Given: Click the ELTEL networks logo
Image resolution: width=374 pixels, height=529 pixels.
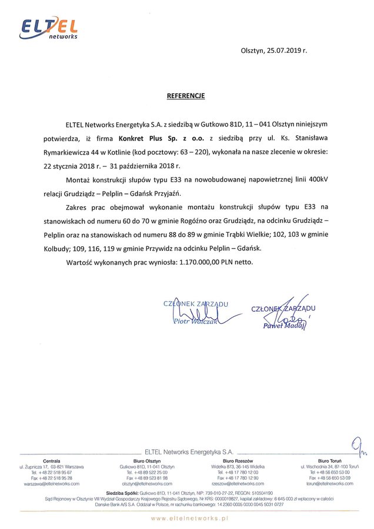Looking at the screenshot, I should pos(49,28).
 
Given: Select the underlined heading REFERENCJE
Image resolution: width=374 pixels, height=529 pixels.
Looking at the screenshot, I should pos(185,95).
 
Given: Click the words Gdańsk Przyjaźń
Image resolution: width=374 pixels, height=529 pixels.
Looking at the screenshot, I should pos(172,193).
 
